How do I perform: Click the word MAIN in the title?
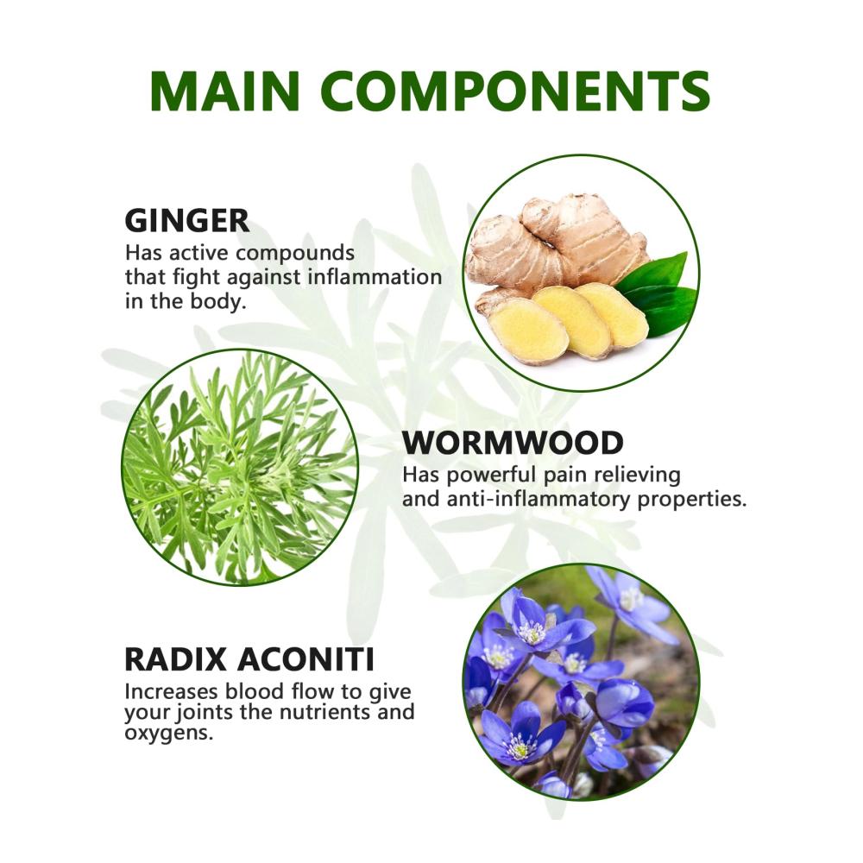coord(224,91)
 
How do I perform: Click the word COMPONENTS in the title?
coord(515,91)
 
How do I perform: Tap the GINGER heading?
coord(187,221)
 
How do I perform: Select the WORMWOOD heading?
coord(513,443)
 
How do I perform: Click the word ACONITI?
coord(306,658)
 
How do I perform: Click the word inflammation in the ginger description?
coord(375,277)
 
